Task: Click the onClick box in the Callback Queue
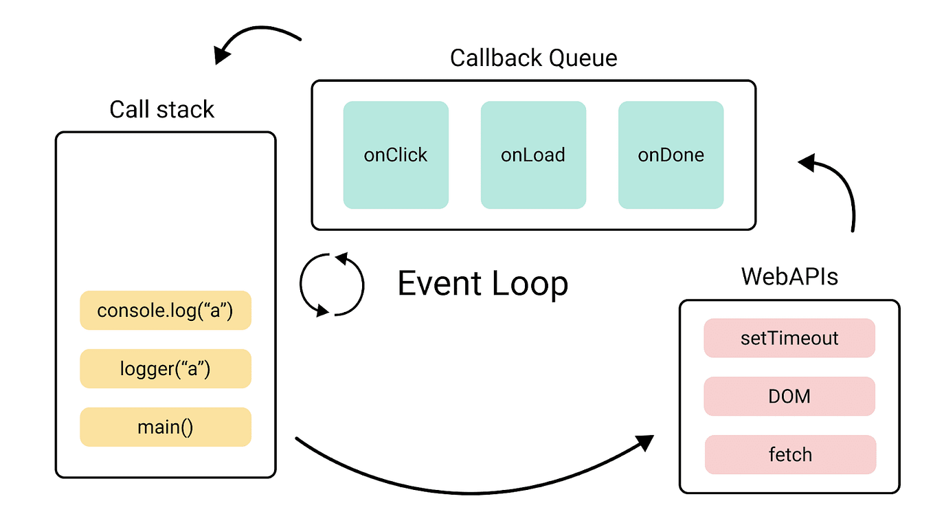pyautogui.click(x=396, y=155)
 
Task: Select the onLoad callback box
pyautogui.click(x=533, y=155)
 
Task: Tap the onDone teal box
pyautogui.click(x=671, y=155)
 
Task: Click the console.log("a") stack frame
pyautogui.click(x=166, y=311)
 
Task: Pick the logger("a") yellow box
pyautogui.click(x=166, y=369)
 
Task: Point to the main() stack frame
pyautogui.click(x=166, y=427)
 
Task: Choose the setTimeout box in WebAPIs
pyautogui.click(x=789, y=338)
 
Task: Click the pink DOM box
pyautogui.click(x=789, y=396)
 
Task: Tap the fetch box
pyautogui.click(x=790, y=454)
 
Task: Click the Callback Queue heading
pyautogui.click(x=533, y=58)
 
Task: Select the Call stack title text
pyautogui.click(x=162, y=109)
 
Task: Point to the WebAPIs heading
pyautogui.click(x=789, y=277)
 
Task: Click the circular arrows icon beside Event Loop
pyautogui.click(x=332, y=284)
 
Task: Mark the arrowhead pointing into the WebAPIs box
pyautogui.click(x=646, y=442)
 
